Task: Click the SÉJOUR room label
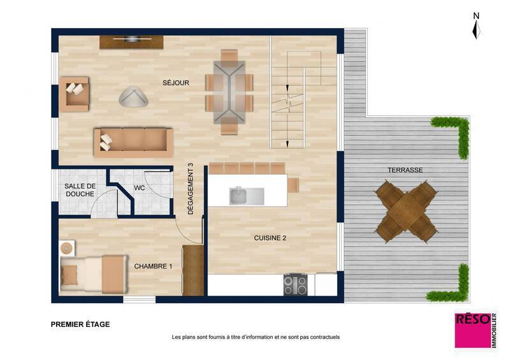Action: point(175,83)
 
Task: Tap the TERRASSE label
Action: point(405,170)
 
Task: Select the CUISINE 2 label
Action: point(270,238)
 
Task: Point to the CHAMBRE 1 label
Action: point(153,266)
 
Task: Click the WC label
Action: point(140,188)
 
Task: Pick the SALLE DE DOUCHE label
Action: point(80,190)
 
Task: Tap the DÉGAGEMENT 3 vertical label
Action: point(191,189)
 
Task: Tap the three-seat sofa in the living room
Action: point(133,141)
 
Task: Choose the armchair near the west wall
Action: point(75,94)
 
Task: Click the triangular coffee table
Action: point(134,96)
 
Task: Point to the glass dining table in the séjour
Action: point(229,92)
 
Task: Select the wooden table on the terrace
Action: point(406,212)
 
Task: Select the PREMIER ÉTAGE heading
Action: point(80,324)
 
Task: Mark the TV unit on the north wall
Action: point(131,41)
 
